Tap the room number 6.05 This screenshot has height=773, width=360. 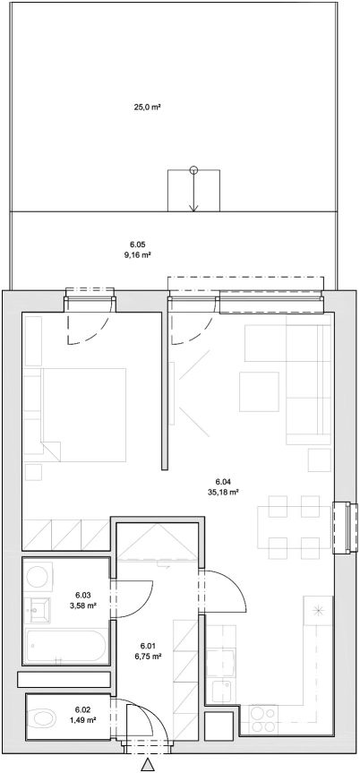pyautogui.click(x=138, y=245)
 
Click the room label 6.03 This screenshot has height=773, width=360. pyautogui.click(x=83, y=594)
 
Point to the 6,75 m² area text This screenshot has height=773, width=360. pyautogui.click(x=149, y=657)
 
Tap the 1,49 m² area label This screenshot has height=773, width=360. pyautogui.click(x=83, y=719)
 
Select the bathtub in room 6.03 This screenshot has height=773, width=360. pyautogui.click(x=65, y=645)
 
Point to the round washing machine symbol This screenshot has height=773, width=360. pyautogui.click(x=38, y=576)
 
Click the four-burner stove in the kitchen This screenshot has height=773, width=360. pyautogui.click(x=263, y=719)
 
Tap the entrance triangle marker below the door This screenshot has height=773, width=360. pyautogui.click(x=147, y=766)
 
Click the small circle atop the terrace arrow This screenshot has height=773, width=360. pyautogui.click(x=193, y=170)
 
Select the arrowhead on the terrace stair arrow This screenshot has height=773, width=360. pyautogui.click(x=193, y=208)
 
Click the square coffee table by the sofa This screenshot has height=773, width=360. pyautogui.click(x=259, y=391)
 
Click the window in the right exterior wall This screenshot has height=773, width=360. pyautogui.click(x=344, y=528)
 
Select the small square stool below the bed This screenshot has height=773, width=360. pyautogui.click(x=33, y=472)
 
